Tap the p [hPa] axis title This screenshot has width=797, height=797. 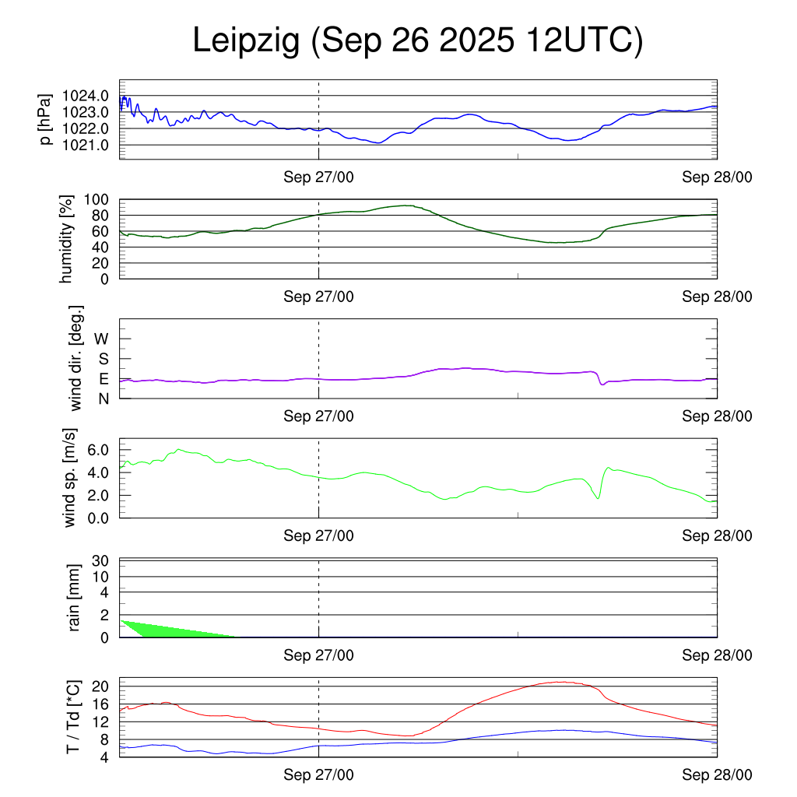click(46, 119)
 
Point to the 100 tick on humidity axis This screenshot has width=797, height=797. click(96, 199)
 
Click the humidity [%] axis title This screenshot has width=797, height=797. click(68, 239)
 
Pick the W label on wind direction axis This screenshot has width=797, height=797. click(101, 339)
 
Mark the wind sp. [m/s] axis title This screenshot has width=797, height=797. click(71, 477)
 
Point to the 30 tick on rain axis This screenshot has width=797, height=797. click(100, 560)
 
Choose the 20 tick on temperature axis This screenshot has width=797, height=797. click(100, 686)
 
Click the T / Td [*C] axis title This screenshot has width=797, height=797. click(72, 716)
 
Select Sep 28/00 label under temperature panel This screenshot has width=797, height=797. click(717, 775)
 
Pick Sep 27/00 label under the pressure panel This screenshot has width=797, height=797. click(318, 177)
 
